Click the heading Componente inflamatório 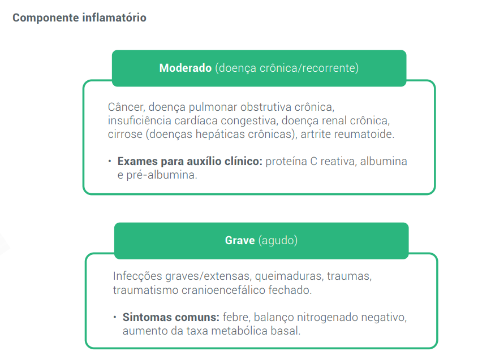(79, 18)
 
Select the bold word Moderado (186, 68)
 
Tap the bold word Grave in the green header (240, 240)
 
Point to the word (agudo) (278, 240)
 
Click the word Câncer (125, 107)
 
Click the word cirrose (123, 135)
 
